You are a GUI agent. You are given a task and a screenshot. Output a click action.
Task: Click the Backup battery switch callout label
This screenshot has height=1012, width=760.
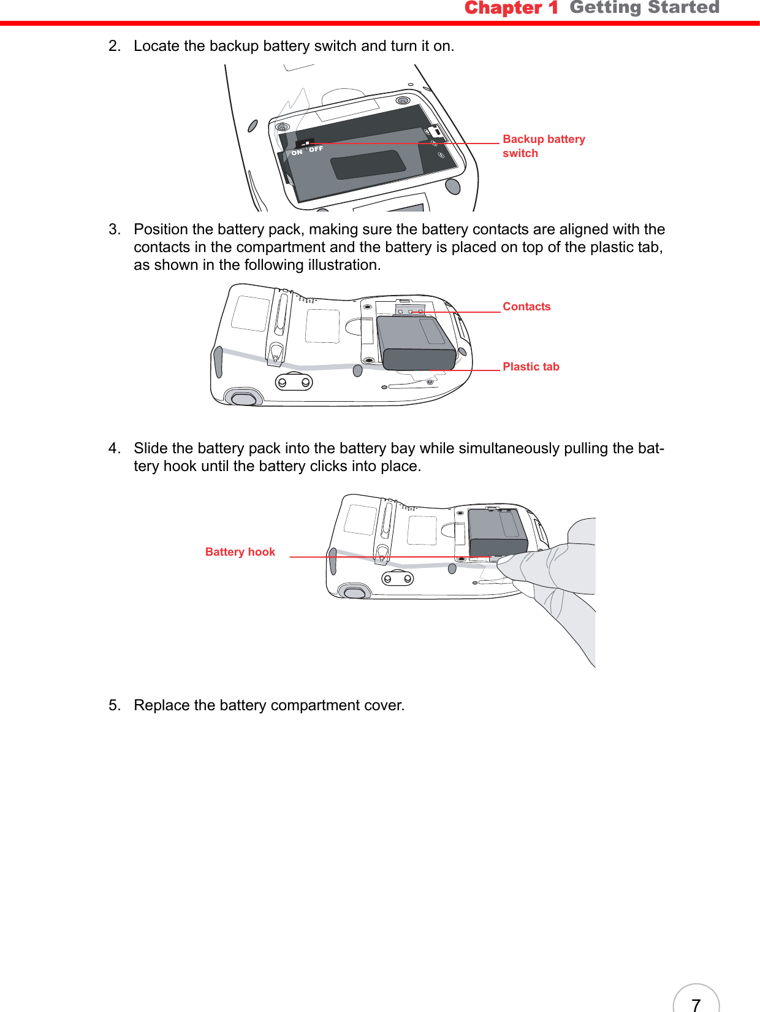[x=543, y=146]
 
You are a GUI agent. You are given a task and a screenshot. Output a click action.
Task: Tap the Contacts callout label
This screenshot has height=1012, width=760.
[x=526, y=307]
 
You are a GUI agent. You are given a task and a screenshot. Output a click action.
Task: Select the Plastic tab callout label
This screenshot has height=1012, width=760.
[x=530, y=367]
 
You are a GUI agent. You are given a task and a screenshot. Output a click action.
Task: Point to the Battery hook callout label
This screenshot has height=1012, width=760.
[x=240, y=552]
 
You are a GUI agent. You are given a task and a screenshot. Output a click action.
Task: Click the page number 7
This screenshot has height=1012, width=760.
[x=696, y=1004]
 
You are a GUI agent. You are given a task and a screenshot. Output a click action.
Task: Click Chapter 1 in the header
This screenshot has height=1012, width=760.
[x=511, y=8]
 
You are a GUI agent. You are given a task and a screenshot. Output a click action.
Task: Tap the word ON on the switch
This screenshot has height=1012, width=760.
[x=297, y=152]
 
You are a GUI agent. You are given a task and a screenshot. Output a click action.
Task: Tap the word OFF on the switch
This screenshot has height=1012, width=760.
[x=316, y=149]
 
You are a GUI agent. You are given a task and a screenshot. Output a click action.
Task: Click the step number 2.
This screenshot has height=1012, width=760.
[x=113, y=46]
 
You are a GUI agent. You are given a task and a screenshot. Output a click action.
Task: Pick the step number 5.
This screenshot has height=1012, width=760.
[x=113, y=705]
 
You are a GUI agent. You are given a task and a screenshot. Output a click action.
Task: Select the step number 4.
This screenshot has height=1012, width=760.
[x=113, y=448]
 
